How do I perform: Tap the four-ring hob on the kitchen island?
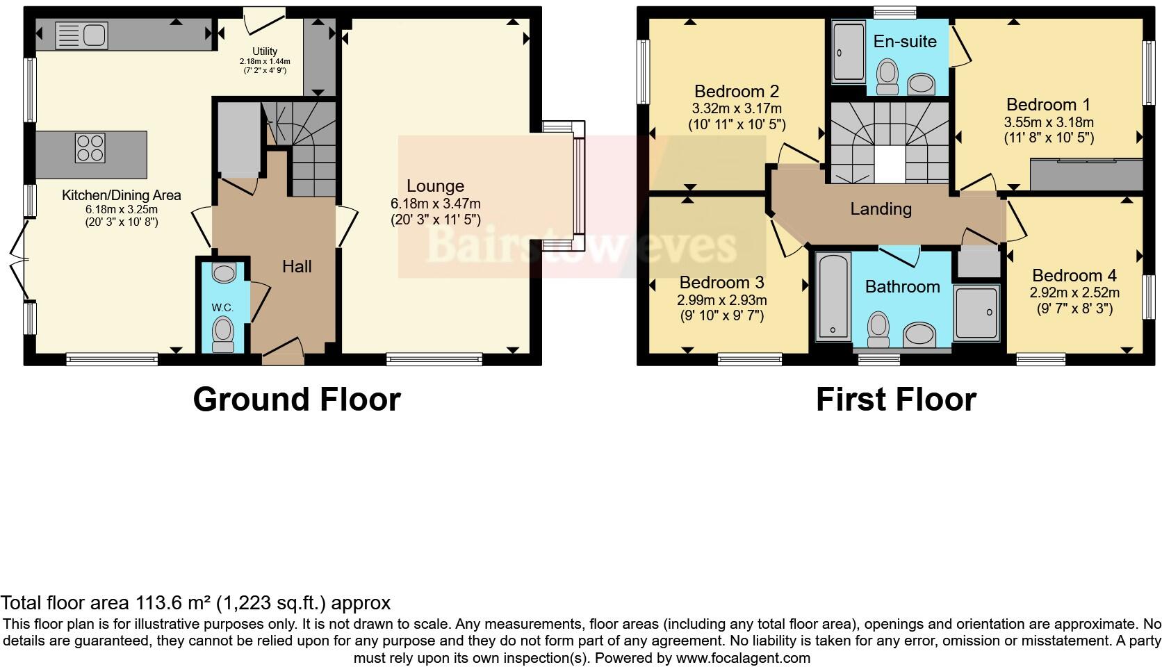pyautogui.click(x=90, y=147)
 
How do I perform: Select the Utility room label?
pyautogui.click(x=265, y=51)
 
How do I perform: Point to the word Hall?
pyautogui.click(x=297, y=267)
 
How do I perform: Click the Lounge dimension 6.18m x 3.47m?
pyautogui.click(x=435, y=204)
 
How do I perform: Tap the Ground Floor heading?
pyautogui.click(x=297, y=400)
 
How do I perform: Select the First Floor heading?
pyautogui.click(x=896, y=400)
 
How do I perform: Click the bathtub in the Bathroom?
pyautogui.click(x=833, y=297)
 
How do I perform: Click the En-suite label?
pyautogui.click(x=905, y=42)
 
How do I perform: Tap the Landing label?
pyautogui.click(x=881, y=209)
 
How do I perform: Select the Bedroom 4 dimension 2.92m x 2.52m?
pyautogui.click(x=1074, y=293)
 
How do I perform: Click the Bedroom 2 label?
pyautogui.click(x=737, y=92)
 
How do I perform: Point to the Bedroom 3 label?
pyautogui.click(x=721, y=283)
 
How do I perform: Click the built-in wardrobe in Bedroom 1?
pyautogui.click(x=1086, y=174)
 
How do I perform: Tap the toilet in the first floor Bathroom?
pyautogui.click(x=879, y=329)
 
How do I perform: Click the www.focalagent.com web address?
pyautogui.click(x=742, y=658)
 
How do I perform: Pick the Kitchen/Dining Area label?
pyautogui.click(x=122, y=195)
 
